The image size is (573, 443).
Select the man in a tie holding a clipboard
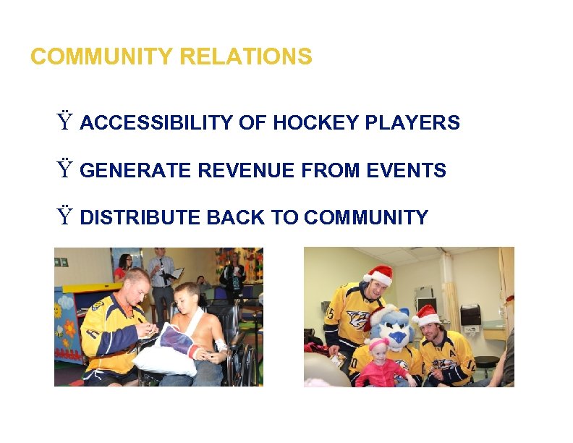pos(161,275)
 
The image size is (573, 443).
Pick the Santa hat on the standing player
pos(378,275)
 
